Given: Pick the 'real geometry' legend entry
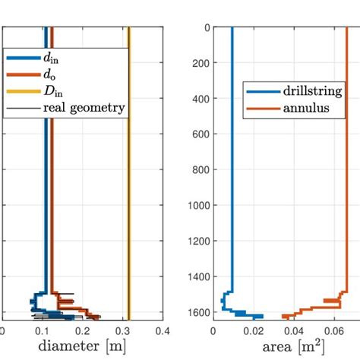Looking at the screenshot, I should coord(84,108).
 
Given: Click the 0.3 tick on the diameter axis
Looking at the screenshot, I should coord(123,330).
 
